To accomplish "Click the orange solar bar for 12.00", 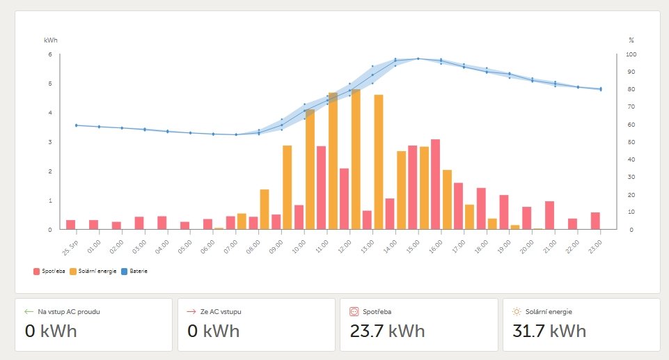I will [356, 159].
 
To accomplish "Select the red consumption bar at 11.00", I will [321, 187].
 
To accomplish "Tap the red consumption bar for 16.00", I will [435, 184].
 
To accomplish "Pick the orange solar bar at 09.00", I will [287, 187].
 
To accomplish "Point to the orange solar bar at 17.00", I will [469, 217].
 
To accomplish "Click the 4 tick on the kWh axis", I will [49, 113].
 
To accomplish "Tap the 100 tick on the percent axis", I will [631, 54].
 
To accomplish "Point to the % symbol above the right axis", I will [631, 40].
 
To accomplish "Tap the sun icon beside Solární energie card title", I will [517, 312].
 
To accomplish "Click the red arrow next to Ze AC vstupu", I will [191, 312].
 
